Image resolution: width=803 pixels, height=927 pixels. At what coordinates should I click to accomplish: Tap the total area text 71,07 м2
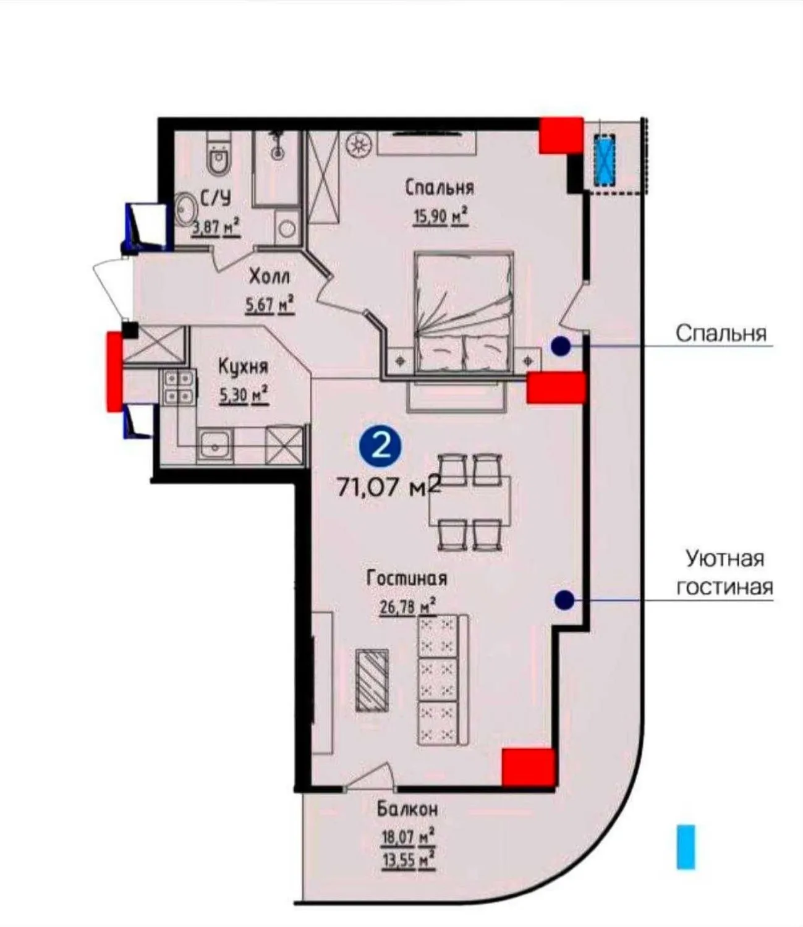click(x=388, y=487)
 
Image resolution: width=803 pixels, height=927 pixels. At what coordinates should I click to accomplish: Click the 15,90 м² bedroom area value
click(x=440, y=217)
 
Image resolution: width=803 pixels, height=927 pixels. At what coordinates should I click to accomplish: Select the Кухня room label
click(x=243, y=366)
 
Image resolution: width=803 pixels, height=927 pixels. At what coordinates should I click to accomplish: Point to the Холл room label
click(x=269, y=276)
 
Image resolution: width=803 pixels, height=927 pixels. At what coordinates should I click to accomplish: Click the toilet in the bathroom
click(x=218, y=157)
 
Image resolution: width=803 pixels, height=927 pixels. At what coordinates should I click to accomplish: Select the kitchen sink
click(x=215, y=445)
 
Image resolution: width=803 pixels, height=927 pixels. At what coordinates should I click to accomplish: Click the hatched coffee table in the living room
click(x=372, y=679)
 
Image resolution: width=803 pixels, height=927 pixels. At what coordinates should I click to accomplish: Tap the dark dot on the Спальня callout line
click(x=561, y=347)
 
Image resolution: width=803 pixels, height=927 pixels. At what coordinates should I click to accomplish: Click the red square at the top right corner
click(x=561, y=135)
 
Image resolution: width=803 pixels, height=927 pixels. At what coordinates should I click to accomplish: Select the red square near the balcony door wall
click(x=527, y=767)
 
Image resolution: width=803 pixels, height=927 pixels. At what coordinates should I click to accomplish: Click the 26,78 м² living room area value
click(x=407, y=606)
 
